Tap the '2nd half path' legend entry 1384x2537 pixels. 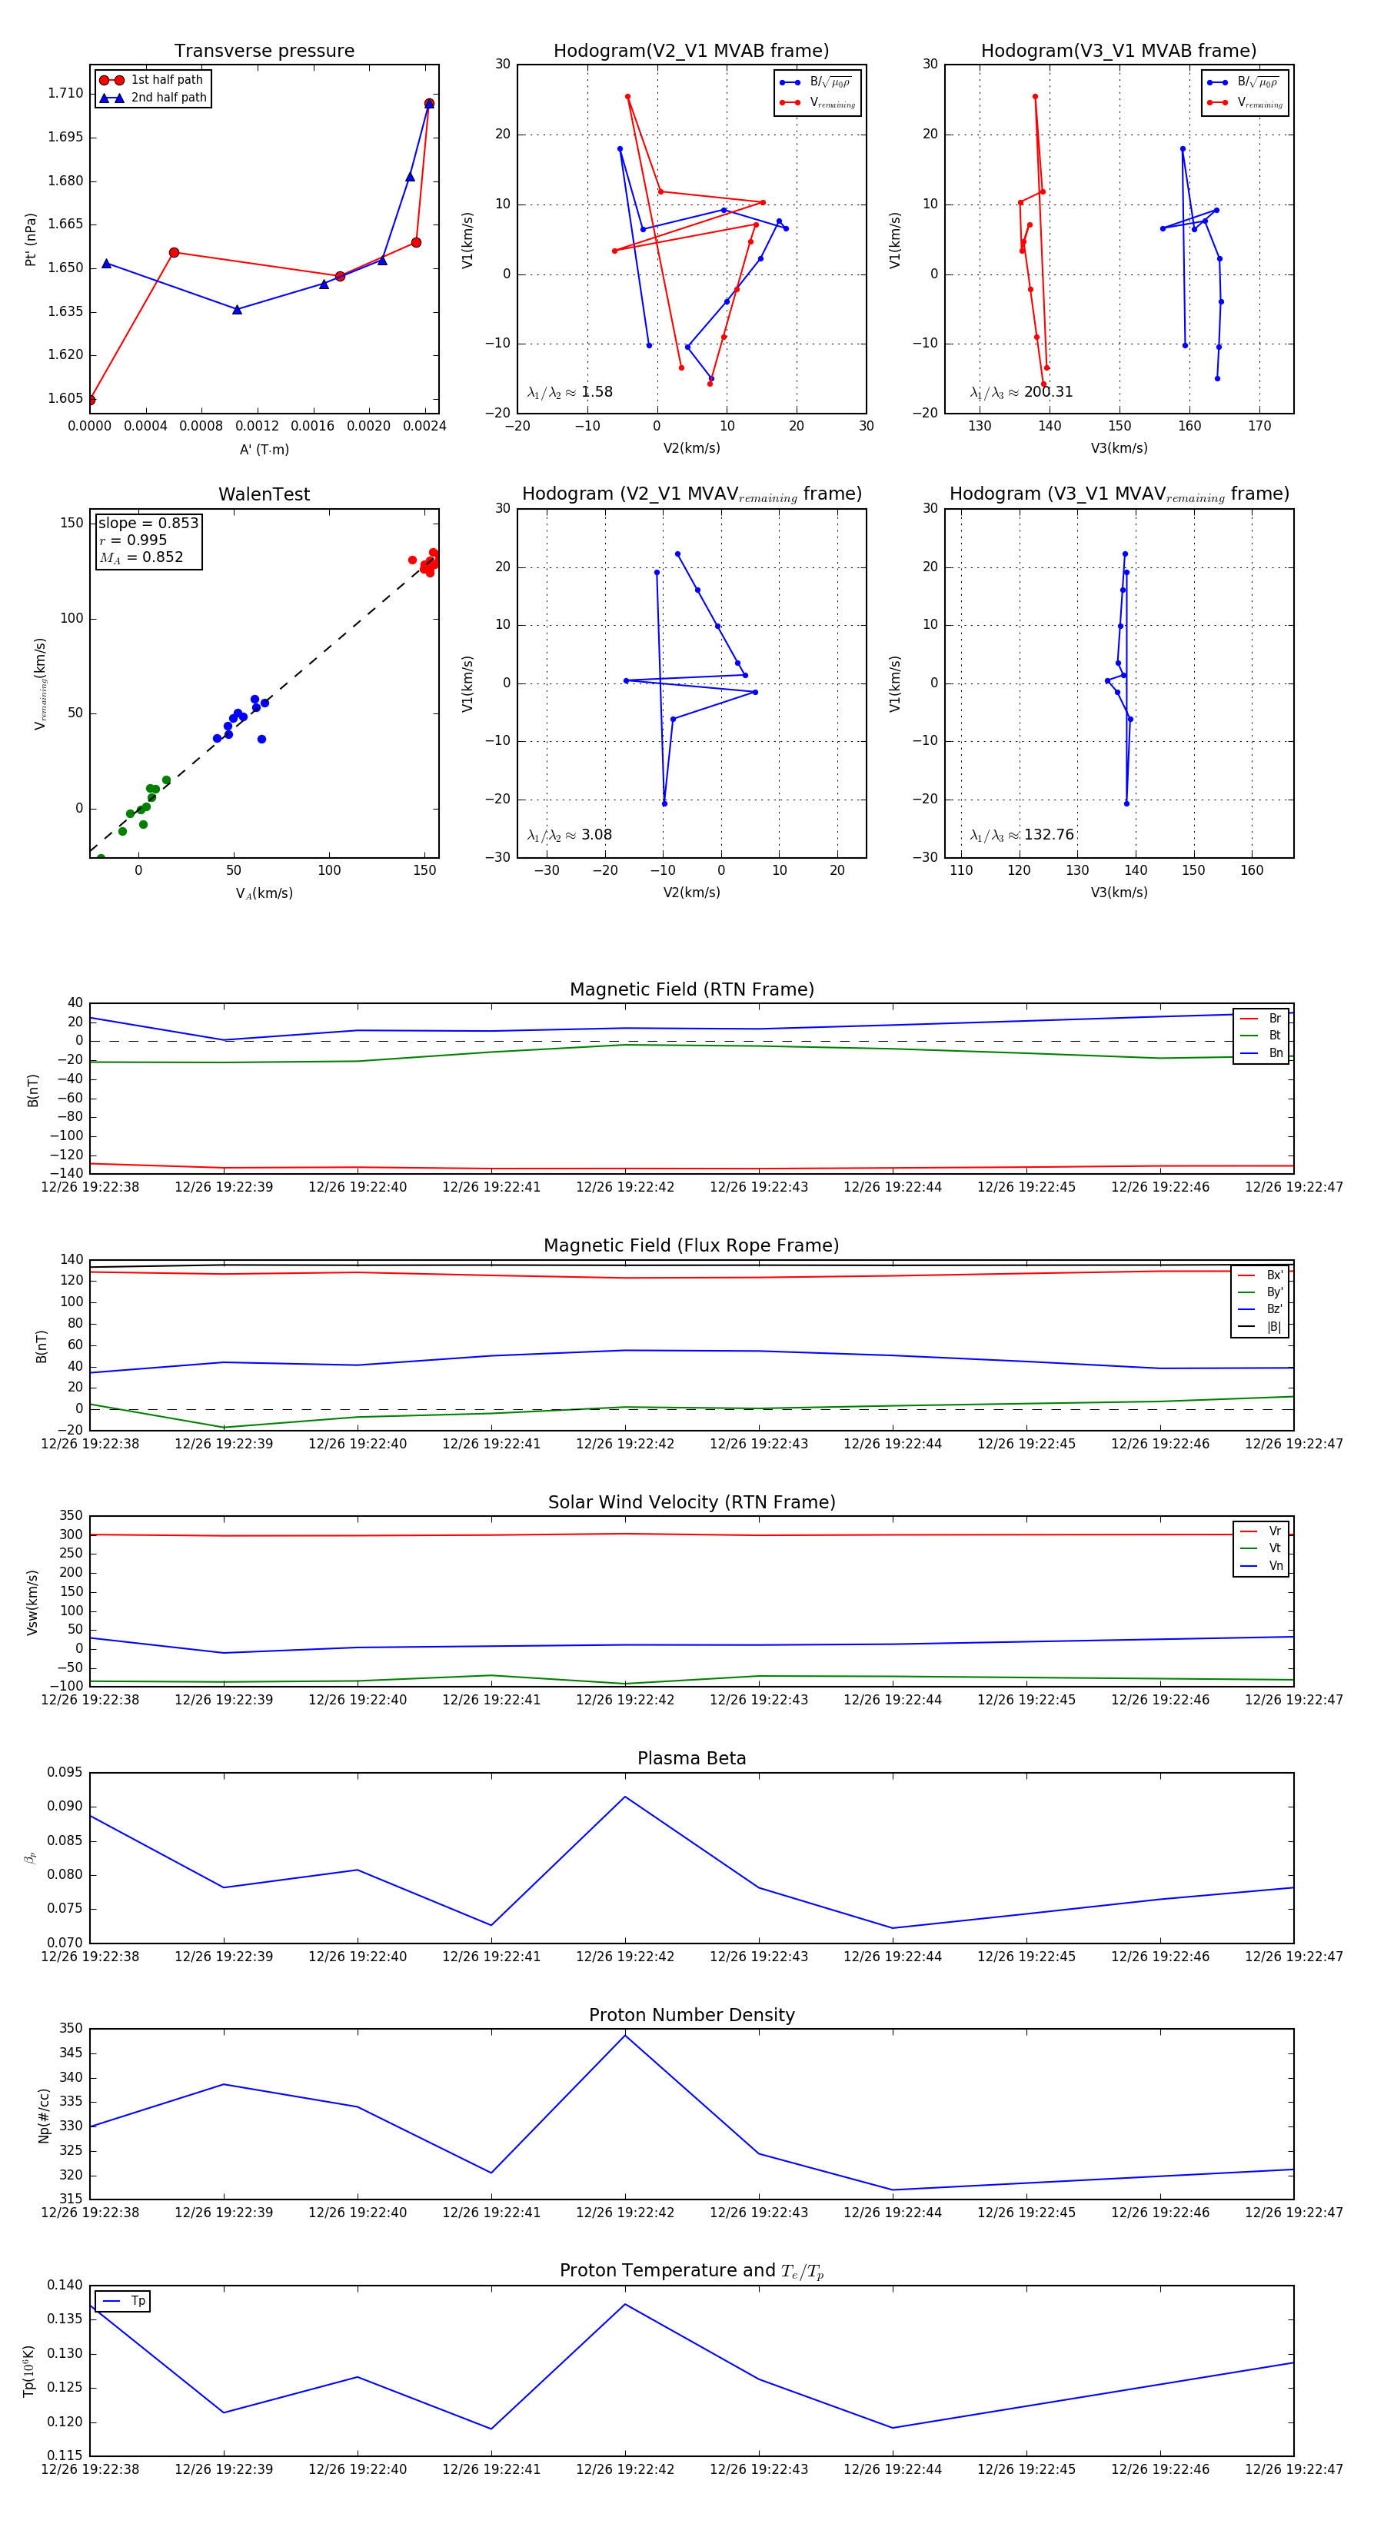pyautogui.click(x=168, y=98)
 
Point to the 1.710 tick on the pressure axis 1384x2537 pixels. pyautogui.click(x=66, y=94)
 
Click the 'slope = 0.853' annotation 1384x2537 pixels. pyautogui.click(x=148, y=523)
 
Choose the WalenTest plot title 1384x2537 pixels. pyautogui.click(x=264, y=494)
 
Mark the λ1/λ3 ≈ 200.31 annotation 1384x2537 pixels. pyautogui.click(x=1022, y=392)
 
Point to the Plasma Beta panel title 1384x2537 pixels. pyautogui.click(x=691, y=1758)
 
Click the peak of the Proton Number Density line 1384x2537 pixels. pyautogui.click(x=624, y=2035)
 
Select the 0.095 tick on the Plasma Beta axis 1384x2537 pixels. pyautogui.click(x=65, y=1772)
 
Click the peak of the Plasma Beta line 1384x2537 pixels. pyautogui.click(x=624, y=1797)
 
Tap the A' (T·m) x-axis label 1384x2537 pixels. pyautogui.click(x=264, y=449)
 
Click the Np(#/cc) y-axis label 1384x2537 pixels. pyautogui.click(x=43, y=2116)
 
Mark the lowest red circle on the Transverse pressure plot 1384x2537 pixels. pyautogui.click(x=91, y=400)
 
